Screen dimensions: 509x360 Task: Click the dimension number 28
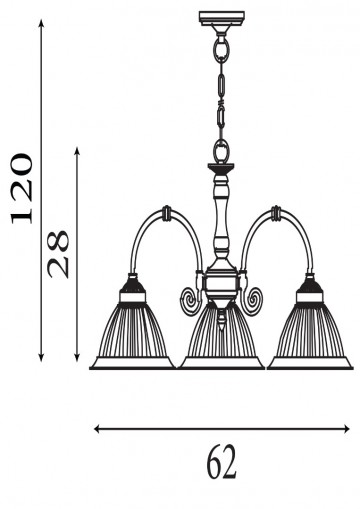[x=59, y=254]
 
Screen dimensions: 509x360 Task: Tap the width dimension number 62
[x=222, y=461]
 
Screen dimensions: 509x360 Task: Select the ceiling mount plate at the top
[x=221, y=17]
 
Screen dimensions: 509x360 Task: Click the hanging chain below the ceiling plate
[x=220, y=90]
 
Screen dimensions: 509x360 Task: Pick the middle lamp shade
[x=221, y=335]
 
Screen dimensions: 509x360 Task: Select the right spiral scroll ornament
[x=255, y=300]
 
